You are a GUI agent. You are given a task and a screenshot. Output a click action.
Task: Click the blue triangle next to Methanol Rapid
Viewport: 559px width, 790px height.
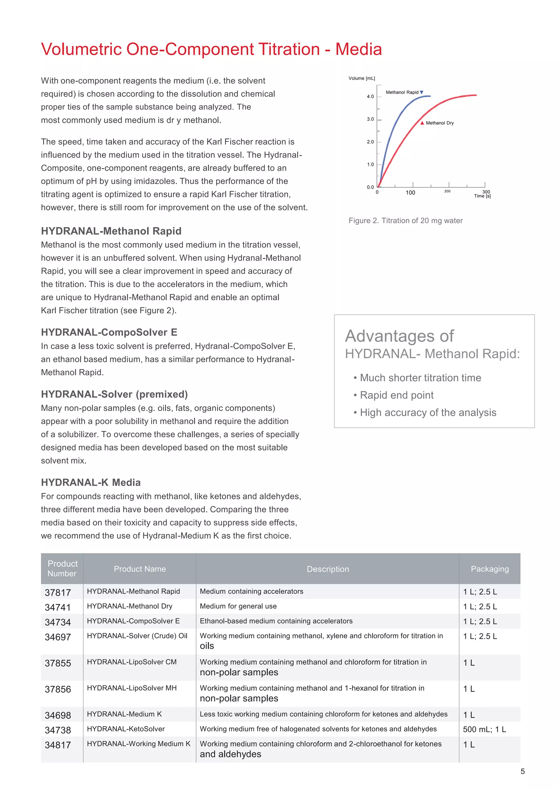coord(422,92)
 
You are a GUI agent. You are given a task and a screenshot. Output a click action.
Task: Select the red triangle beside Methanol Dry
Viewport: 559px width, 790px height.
coord(422,123)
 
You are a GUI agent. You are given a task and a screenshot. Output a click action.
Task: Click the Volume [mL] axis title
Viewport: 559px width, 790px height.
coord(362,79)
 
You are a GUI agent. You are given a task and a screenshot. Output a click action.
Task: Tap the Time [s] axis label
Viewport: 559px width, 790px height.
coord(482,196)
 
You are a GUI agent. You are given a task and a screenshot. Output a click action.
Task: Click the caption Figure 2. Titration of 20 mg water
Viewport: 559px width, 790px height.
coord(405,221)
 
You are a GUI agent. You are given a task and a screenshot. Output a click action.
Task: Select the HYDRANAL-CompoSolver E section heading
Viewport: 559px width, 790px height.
coord(109,332)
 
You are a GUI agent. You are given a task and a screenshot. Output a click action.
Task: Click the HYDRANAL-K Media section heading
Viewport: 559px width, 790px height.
coord(91,482)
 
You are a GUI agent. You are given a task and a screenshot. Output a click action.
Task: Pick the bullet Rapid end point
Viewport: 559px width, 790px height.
coord(396,395)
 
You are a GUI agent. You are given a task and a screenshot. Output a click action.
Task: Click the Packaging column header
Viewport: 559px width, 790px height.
coord(489,569)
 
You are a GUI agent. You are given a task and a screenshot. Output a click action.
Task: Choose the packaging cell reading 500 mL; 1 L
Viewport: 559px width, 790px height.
coord(484,729)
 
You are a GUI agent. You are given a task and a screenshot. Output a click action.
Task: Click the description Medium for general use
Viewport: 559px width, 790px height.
coord(238,606)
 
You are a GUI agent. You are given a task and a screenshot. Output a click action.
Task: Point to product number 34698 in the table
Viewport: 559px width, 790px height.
coord(58,715)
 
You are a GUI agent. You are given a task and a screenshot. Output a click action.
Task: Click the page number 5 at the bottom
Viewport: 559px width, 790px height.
coord(522,771)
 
